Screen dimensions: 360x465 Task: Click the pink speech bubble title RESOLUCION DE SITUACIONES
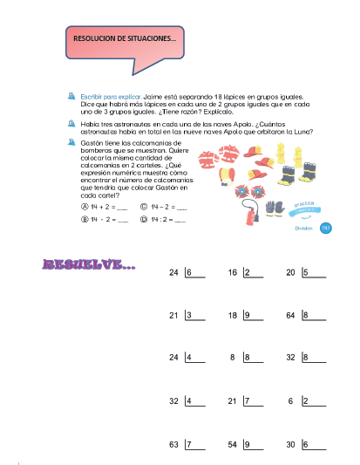(125, 38)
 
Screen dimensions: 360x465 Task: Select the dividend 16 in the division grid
(233, 273)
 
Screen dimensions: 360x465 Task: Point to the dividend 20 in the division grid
(290, 273)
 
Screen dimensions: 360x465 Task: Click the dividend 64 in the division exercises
(290, 315)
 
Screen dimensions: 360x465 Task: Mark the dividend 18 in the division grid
(233, 315)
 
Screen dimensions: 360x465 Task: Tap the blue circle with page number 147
(326, 228)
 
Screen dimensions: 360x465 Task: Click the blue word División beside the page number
(303, 228)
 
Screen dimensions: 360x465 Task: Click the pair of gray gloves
(276, 208)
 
